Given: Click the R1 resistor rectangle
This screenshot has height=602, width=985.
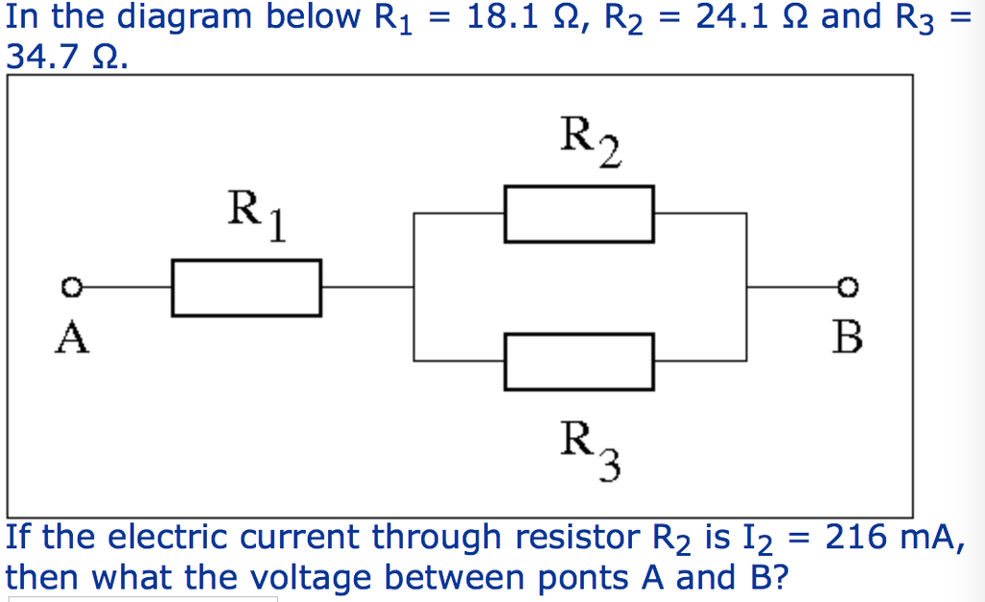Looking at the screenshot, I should pyautogui.click(x=246, y=287).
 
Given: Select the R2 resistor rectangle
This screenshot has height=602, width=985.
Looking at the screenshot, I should pyautogui.click(x=579, y=214).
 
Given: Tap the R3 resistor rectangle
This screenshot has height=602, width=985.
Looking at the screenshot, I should pyautogui.click(x=579, y=362).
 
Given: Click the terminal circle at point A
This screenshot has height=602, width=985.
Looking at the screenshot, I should pyautogui.click(x=68, y=287).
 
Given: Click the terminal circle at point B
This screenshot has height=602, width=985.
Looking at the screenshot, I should pyautogui.click(x=846, y=287).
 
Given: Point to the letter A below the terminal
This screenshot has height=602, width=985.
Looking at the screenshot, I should pyautogui.click(x=70, y=338).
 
